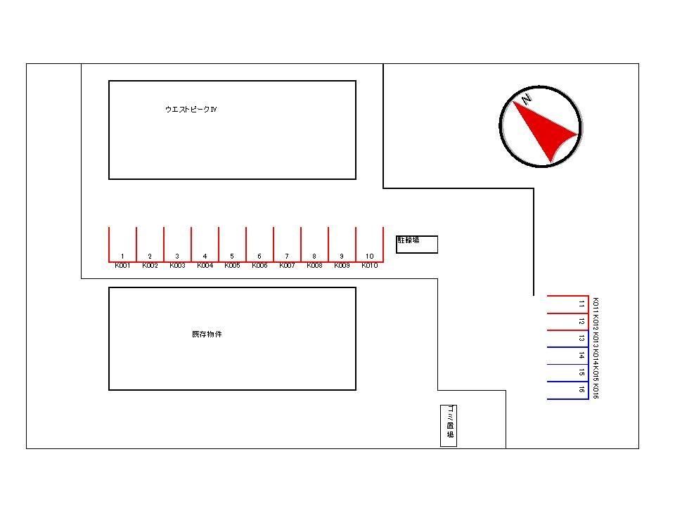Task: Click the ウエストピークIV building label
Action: click(x=191, y=110)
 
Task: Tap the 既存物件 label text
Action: click(x=207, y=335)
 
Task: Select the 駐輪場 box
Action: click(x=416, y=244)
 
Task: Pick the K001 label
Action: click(x=122, y=266)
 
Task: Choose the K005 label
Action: click(x=232, y=266)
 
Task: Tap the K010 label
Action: click(x=370, y=266)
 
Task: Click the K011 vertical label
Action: click(x=596, y=304)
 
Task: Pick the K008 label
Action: click(x=314, y=266)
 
